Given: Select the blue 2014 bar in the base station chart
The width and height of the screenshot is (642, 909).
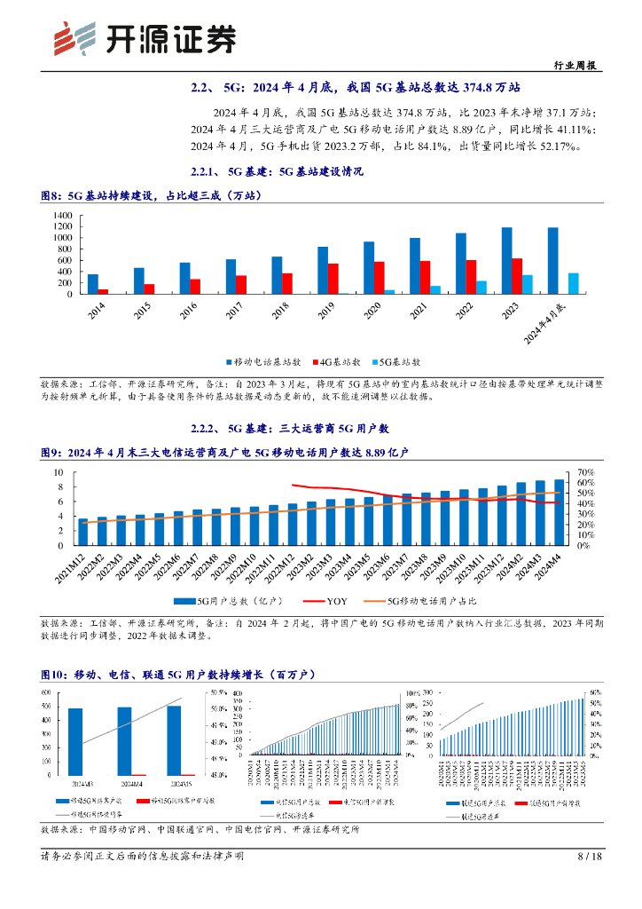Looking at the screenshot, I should pyautogui.click(x=93, y=284).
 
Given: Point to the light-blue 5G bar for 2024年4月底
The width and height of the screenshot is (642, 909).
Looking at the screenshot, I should pyautogui.click(x=574, y=283).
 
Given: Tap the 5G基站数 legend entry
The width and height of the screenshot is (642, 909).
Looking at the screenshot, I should pyautogui.click(x=395, y=362).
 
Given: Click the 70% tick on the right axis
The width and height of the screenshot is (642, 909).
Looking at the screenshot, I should pyautogui.click(x=586, y=472).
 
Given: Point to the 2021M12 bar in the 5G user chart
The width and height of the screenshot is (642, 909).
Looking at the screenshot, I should pyautogui.click(x=83, y=533).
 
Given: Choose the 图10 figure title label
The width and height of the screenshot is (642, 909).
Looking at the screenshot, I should pyautogui.click(x=56, y=676).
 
